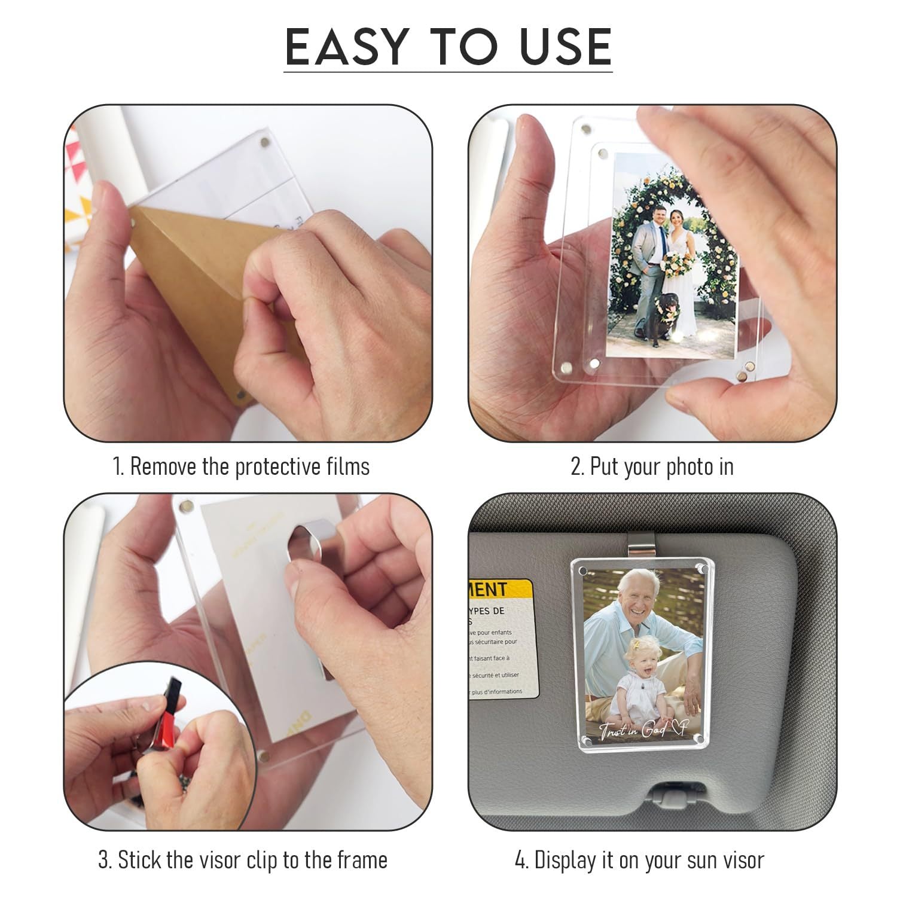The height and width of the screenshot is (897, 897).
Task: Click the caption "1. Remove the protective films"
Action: (241, 466)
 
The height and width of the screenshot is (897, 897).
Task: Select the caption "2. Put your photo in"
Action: (652, 466)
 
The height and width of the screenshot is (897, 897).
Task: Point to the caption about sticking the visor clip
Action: (243, 860)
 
